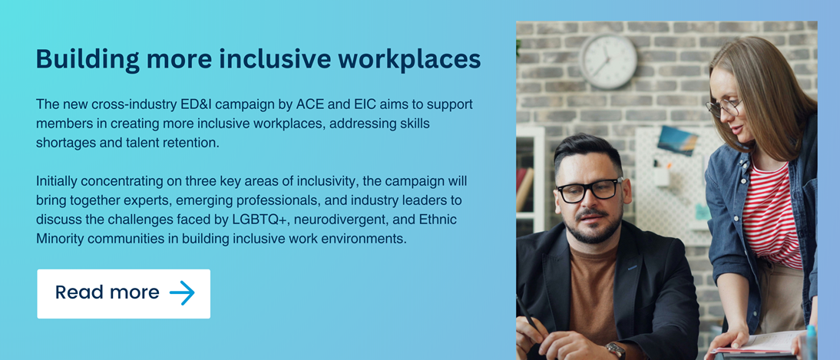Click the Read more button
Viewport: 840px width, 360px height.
pos(124,293)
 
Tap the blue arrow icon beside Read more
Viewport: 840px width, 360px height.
pos(182,292)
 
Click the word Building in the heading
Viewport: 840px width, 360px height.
pos(88,60)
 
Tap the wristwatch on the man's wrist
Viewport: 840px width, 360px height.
pos(616,350)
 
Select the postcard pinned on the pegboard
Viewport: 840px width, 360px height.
pos(677,140)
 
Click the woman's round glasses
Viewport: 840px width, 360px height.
pos(723,107)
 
